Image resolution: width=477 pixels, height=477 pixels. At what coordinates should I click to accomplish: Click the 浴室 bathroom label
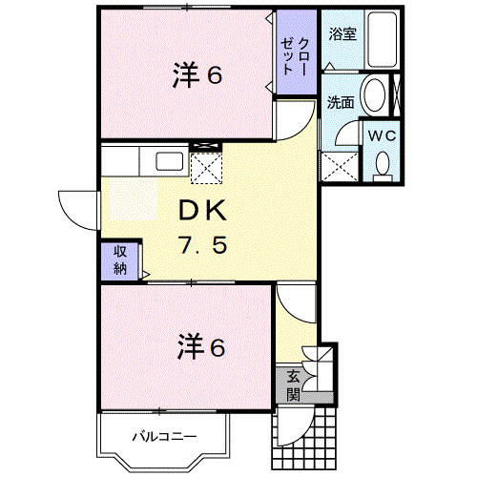pos(342,34)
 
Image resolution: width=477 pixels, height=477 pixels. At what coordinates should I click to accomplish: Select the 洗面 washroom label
pos(341,102)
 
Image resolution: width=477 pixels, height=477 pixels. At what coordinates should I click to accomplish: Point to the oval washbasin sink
pos(374,94)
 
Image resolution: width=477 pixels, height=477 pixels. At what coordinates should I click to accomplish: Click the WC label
pos(382,136)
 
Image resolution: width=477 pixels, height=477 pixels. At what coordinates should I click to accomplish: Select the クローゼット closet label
pos(296,56)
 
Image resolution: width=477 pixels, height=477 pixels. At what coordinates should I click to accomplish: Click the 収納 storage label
pos(120,260)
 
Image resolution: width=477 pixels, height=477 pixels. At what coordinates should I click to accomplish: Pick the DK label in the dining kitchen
pos(202,210)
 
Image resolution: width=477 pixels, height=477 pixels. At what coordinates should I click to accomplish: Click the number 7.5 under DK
pos(203,245)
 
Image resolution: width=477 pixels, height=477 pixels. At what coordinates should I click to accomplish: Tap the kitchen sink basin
pos(169,161)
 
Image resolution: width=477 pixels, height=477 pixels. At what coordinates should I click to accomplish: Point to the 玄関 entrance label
pos(293,385)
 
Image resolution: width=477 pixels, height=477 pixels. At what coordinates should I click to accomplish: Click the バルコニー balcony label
pos(164,437)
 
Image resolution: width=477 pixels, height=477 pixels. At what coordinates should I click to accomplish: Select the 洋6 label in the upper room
pos(197,75)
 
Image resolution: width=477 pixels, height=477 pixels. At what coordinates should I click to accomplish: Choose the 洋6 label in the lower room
pos(201,346)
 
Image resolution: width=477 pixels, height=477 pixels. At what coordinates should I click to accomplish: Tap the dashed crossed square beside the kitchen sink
pos(206,168)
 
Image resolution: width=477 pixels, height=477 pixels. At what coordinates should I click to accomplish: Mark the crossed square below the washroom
pos(340,167)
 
